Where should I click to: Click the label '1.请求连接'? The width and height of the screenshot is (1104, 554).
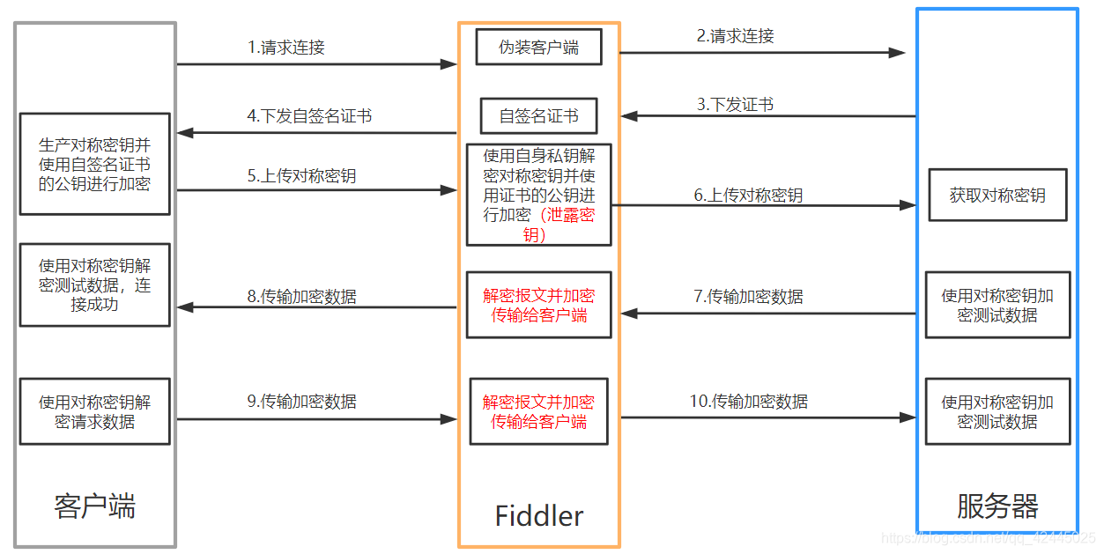(285, 48)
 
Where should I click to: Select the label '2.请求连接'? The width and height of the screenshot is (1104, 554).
(735, 36)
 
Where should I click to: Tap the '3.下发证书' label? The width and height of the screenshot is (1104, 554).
(735, 105)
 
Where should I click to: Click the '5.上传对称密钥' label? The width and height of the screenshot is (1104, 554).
(301, 176)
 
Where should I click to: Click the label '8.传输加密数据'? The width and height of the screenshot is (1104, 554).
(301, 297)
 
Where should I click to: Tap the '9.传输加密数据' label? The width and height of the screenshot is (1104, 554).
(301, 402)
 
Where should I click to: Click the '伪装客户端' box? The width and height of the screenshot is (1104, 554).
(538, 48)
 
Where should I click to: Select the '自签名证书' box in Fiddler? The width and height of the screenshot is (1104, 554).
(538, 115)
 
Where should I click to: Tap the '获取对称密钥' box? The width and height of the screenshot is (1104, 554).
(997, 195)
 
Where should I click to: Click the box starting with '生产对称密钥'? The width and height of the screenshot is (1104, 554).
(94, 164)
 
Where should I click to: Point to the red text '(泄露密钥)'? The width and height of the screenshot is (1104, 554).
(564, 225)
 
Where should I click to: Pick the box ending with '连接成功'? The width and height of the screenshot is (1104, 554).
(94, 284)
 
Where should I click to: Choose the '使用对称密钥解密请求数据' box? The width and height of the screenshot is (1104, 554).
(94, 411)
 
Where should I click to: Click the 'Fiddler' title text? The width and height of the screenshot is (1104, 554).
(538, 515)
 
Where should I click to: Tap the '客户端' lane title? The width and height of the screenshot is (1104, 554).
(94, 506)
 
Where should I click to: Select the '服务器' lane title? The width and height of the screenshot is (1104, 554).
(997, 506)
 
